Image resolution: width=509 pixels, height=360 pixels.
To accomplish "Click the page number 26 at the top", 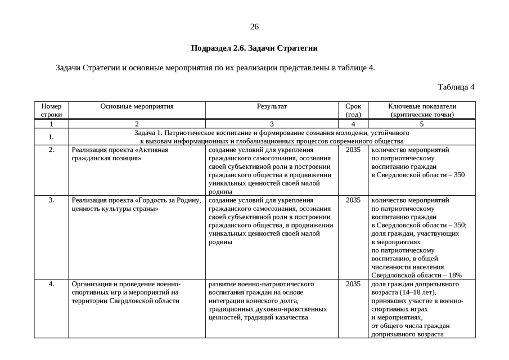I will pos(254,27).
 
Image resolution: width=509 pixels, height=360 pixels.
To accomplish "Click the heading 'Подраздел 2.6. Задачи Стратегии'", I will pos(254,48).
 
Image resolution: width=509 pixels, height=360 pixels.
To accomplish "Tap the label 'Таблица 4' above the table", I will pos(456,87).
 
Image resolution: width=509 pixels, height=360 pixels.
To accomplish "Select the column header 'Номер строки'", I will pos(51,110).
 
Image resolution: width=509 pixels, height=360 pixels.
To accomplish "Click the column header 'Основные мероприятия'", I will pos(137,106).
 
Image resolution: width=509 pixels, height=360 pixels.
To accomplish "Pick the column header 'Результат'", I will pos(272,106).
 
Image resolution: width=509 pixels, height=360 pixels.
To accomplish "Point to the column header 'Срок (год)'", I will pos(353,110).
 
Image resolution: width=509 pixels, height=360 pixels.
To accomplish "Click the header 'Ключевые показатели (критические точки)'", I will pos(422,110).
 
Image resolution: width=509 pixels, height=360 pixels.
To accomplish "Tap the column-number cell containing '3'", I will pos(272,123).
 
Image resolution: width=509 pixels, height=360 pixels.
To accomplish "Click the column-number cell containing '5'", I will pos(422,123).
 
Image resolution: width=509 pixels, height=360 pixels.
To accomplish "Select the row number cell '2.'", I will pos(51,150).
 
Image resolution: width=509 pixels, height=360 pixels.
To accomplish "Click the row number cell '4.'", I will pos(51,284).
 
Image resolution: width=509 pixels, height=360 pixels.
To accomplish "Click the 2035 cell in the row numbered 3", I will pos(353,200).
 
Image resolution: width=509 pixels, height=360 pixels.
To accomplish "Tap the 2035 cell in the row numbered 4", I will pos(353,284).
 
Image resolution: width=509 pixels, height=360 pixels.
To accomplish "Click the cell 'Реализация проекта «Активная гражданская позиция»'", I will pos(120,154).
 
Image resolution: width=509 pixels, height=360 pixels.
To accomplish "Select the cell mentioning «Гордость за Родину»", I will pos(136,204).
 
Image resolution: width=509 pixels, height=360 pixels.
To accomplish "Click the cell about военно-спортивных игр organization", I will pos(126,292).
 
